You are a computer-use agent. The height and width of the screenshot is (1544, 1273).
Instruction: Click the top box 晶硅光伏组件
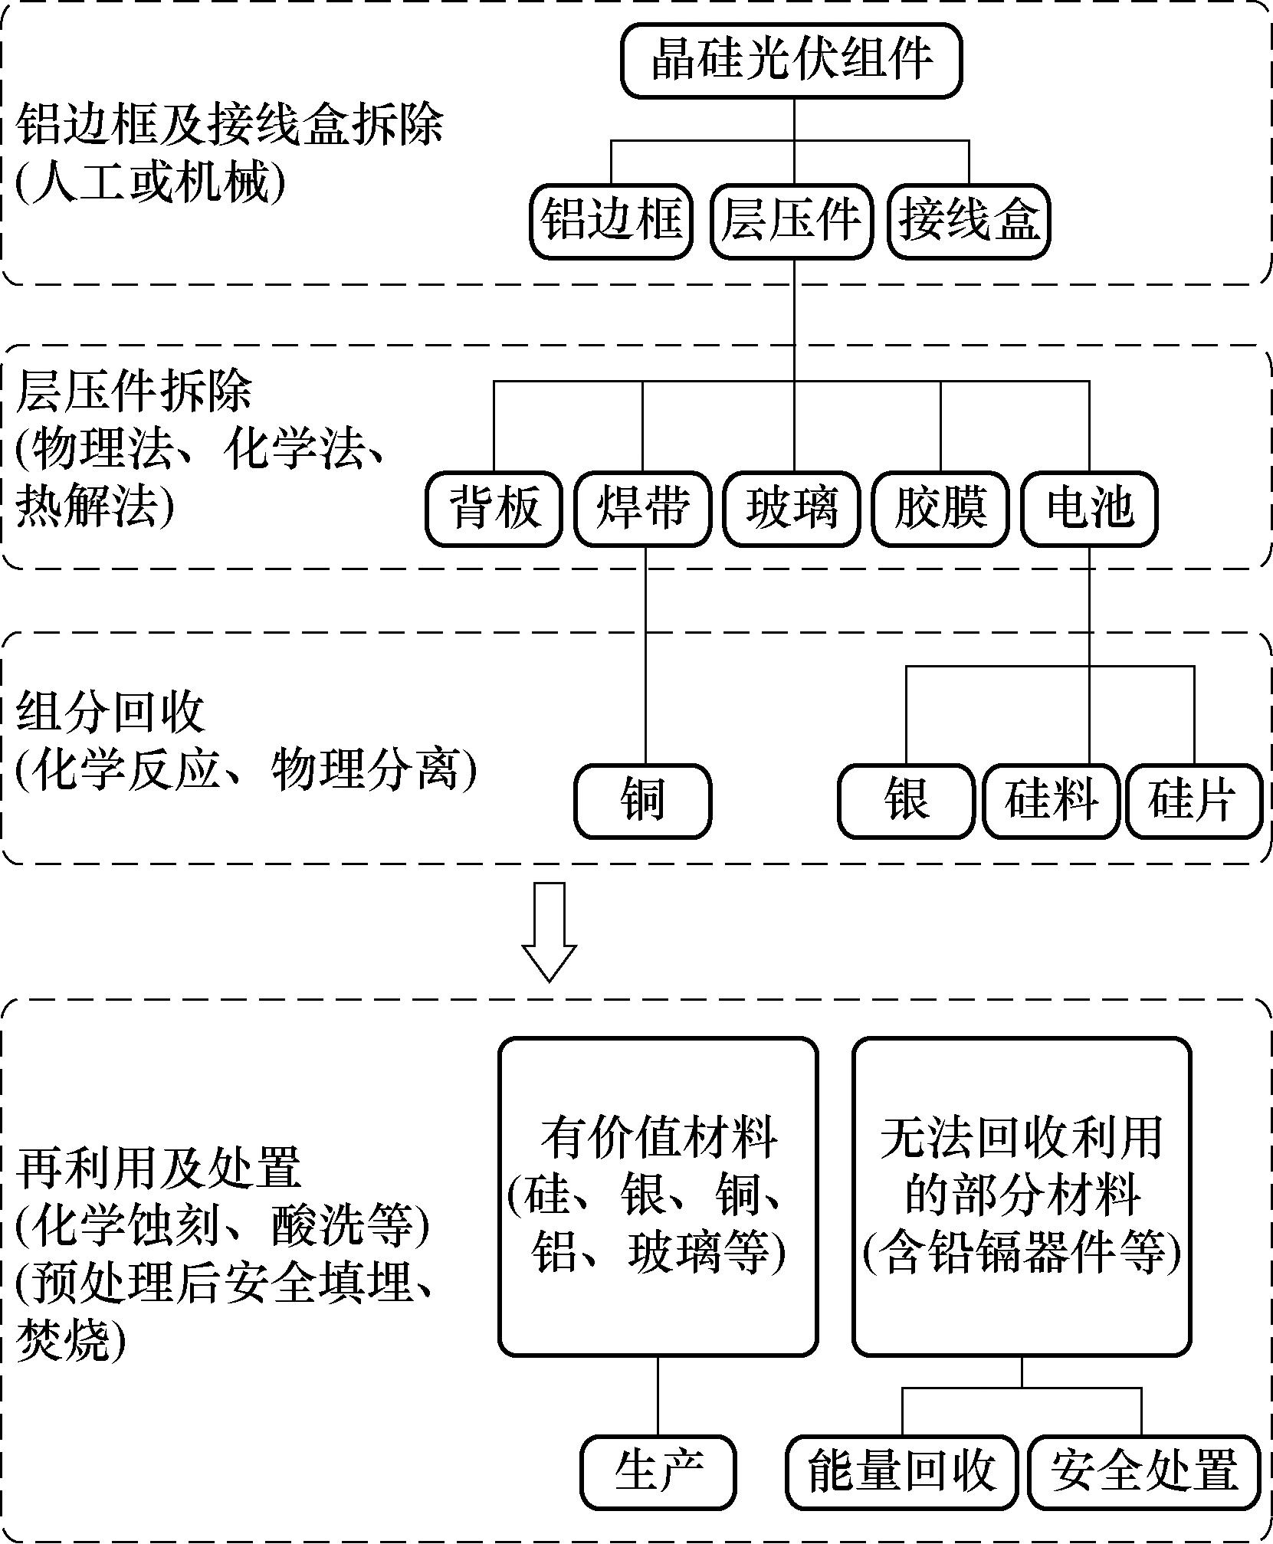(791, 61)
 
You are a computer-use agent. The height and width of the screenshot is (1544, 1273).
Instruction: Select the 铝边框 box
(611, 221)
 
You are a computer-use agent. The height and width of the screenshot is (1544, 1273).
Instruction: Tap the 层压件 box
(791, 221)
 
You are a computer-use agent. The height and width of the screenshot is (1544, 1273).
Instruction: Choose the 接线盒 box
(969, 221)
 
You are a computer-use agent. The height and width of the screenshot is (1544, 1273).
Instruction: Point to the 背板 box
(494, 509)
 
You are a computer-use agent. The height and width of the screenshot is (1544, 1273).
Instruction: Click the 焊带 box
(642, 509)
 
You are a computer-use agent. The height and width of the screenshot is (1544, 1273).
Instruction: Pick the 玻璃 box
(792, 509)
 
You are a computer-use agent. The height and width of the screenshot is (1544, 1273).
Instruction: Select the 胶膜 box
(940, 509)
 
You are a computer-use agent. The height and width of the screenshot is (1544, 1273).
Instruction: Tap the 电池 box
(1089, 509)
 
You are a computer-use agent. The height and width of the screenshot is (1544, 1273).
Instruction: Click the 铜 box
(643, 801)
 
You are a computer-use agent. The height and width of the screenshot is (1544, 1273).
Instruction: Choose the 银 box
(906, 801)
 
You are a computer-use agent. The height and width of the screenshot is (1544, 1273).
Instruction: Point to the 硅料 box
(1051, 801)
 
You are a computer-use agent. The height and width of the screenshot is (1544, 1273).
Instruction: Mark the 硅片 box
(1193, 801)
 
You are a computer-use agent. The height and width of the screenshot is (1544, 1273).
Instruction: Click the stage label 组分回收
(111, 713)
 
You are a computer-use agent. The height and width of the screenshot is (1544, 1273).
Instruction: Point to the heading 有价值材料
(658, 1139)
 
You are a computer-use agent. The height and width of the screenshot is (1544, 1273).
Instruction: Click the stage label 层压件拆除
(134, 392)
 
